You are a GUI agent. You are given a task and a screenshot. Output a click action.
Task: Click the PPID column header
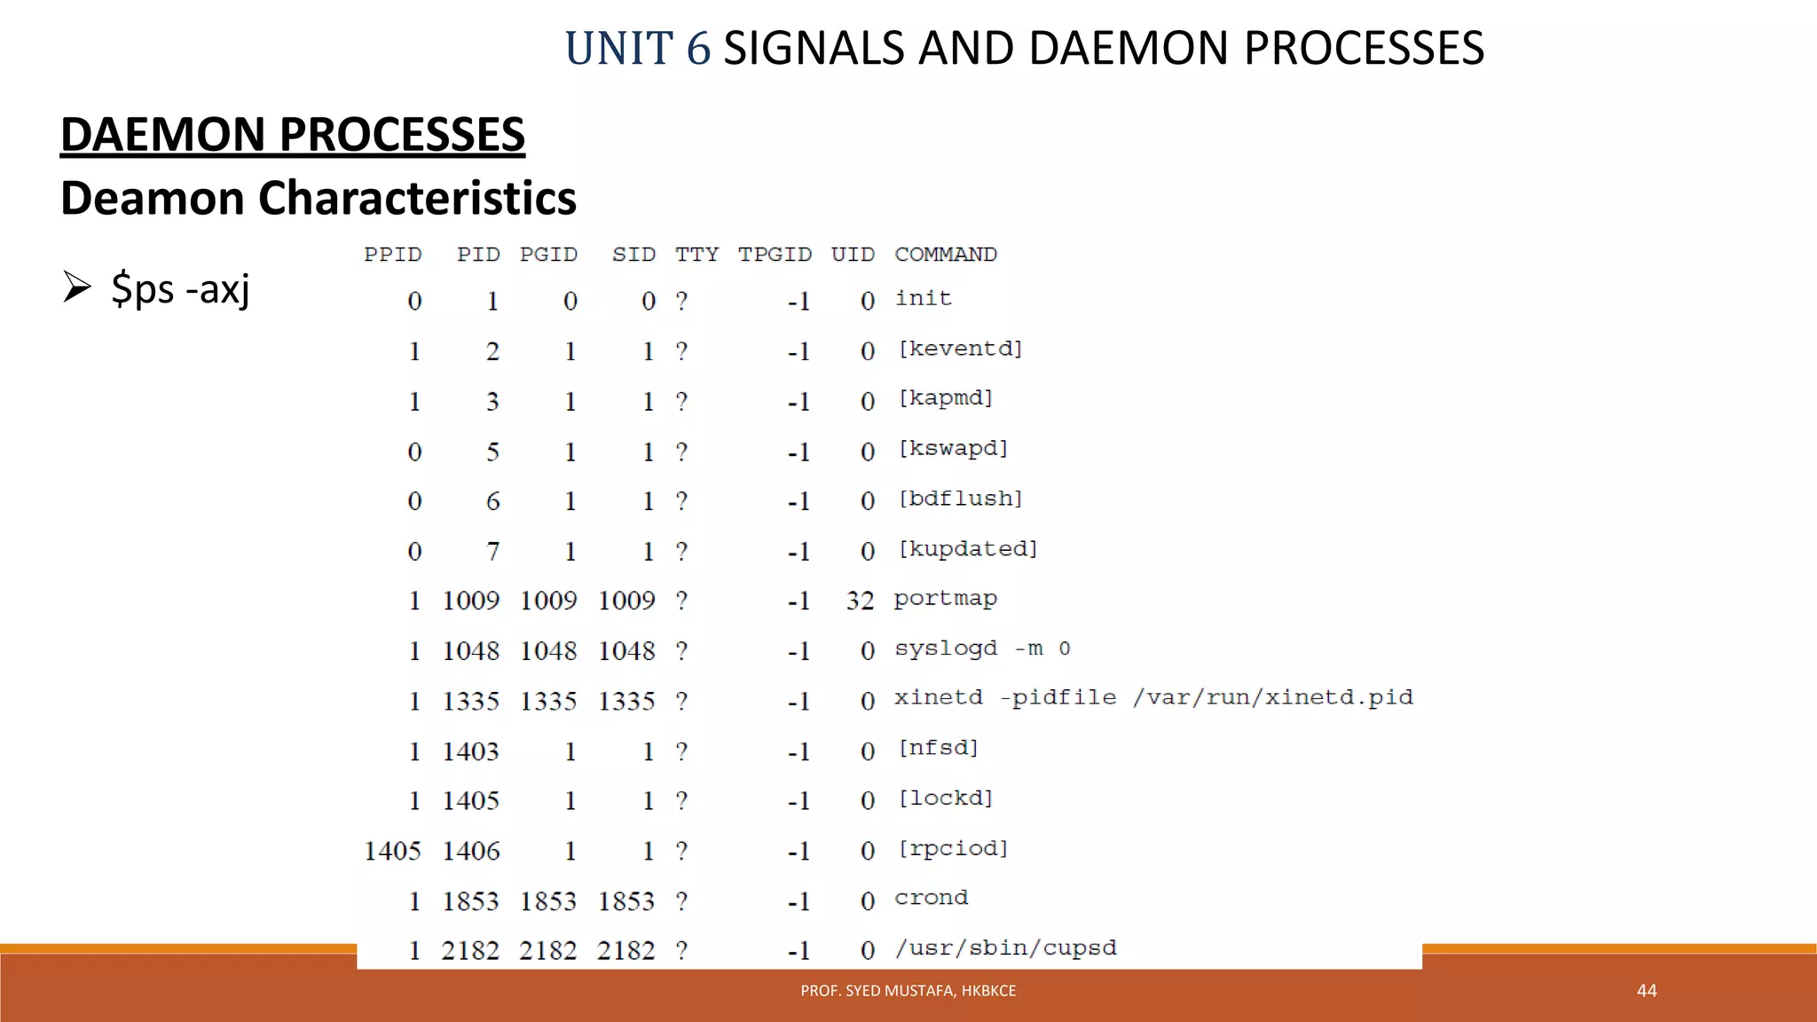[392, 255]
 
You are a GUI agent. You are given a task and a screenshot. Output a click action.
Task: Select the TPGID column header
[775, 255]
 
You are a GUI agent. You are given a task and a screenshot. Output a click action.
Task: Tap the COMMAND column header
[946, 255]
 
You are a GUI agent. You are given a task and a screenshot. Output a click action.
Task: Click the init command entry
[923, 298]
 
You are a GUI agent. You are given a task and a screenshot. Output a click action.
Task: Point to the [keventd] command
[961, 349]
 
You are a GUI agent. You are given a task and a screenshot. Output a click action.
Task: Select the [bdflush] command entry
[961, 499]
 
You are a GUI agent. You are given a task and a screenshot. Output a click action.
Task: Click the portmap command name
[945, 599]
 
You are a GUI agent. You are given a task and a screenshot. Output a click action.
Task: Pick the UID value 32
[860, 601]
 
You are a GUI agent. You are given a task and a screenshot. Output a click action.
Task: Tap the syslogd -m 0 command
[982, 649]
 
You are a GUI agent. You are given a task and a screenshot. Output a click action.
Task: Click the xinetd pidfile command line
[1153, 698]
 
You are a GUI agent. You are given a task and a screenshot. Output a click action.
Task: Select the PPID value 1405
[392, 851]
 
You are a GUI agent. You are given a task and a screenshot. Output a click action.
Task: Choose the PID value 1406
[471, 851]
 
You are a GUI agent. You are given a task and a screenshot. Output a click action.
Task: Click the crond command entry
[931, 898]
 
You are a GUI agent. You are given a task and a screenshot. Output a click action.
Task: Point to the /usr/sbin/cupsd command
[1005, 948]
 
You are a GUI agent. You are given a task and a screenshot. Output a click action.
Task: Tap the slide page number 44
[1647, 991]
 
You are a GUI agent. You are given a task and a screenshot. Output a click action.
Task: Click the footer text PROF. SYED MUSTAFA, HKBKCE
[908, 991]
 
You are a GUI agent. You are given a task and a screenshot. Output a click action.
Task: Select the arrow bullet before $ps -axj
[77, 287]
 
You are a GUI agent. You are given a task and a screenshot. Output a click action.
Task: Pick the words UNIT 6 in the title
[638, 48]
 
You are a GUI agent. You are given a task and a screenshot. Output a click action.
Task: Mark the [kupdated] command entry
[968, 549]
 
